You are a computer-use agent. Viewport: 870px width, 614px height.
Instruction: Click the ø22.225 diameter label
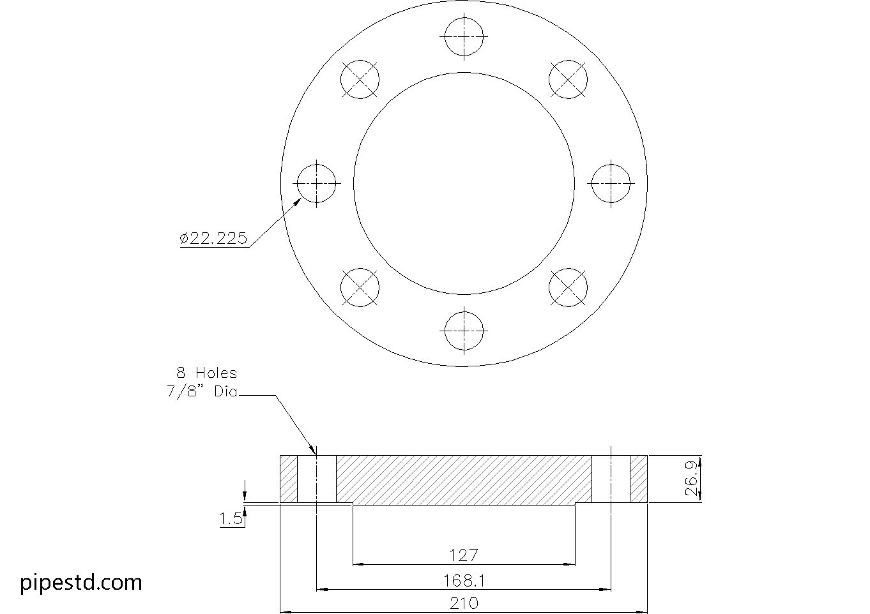pyautogui.click(x=213, y=239)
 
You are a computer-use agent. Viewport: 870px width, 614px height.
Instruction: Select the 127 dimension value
pyautogui.click(x=464, y=555)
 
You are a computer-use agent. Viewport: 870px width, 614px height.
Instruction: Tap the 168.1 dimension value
pyautogui.click(x=464, y=580)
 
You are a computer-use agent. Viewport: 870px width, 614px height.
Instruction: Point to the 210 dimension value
pyautogui.click(x=464, y=603)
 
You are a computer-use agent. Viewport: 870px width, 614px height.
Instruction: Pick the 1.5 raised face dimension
pyautogui.click(x=231, y=519)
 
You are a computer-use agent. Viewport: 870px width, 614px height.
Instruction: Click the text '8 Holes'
pyautogui.click(x=206, y=373)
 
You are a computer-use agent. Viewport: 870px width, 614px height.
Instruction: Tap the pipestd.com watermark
pyautogui.click(x=81, y=582)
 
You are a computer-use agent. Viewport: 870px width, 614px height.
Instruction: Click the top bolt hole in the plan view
pyautogui.click(x=464, y=36)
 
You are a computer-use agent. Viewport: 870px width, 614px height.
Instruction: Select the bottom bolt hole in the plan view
pyautogui.click(x=464, y=331)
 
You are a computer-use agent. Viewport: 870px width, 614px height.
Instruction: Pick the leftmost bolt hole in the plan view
pyautogui.click(x=317, y=183)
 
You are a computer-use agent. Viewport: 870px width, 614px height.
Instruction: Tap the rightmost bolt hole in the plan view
pyautogui.click(x=611, y=183)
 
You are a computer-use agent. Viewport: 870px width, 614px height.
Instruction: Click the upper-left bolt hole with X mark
pyautogui.click(x=360, y=79)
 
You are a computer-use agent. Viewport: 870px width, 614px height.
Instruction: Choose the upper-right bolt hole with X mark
pyautogui.click(x=568, y=79)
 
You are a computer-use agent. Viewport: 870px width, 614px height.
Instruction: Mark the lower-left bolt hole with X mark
pyautogui.click(x=360, y=287)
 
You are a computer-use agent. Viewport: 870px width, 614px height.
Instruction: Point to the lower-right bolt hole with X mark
pyautogui.click(x=568, y=287)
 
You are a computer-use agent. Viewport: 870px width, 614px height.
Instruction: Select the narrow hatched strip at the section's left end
pyautogui.click(x=289, y=479)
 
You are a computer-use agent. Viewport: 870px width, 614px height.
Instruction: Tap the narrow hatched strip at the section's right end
pyautogui.click(x=639, y=479)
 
